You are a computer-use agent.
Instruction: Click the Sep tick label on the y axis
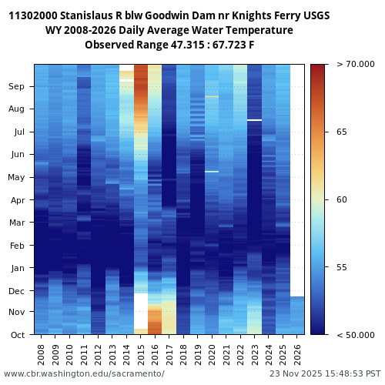(17, 87)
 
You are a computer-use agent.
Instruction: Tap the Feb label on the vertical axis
(17, 246)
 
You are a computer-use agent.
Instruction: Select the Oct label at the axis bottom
(17, 335)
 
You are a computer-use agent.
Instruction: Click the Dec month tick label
(17, 291)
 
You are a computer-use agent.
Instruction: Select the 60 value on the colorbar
(342, 200)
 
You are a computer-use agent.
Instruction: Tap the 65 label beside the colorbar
(342, 132)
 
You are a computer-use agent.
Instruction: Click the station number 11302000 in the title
(35, 15)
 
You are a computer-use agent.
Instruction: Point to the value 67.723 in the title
(236, 45)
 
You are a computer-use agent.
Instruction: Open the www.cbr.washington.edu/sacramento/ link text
(84, 373)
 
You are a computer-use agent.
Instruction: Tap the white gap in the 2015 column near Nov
(141, 310)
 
